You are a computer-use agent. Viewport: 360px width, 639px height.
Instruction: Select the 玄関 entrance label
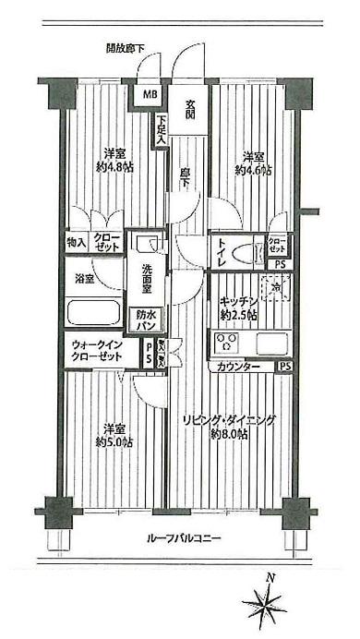pos(190,108)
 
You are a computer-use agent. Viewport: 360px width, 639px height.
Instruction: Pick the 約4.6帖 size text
pos(253,171)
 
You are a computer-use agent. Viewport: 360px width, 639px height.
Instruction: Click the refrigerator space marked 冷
pos(275,290)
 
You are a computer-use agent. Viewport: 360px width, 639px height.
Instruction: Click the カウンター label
pos(239,367)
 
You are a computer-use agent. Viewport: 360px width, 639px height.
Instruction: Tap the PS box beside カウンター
pos(285,367)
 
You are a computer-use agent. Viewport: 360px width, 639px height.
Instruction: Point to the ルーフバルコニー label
pos(181,538)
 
